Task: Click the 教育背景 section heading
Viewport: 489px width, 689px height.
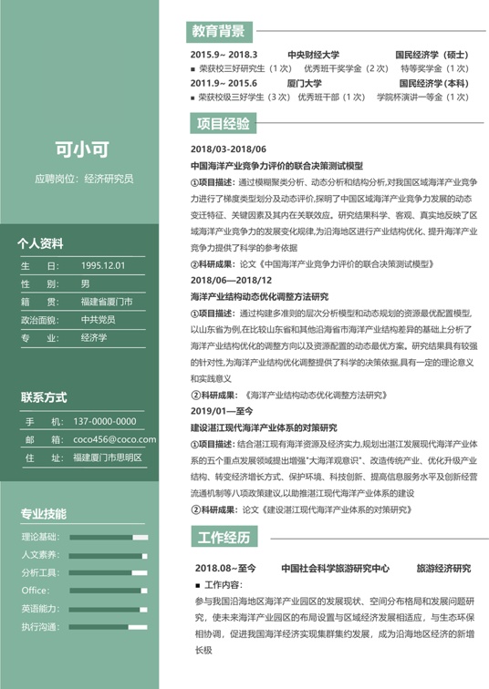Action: click(218, 32)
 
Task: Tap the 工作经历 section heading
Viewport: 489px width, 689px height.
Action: click(224, 538)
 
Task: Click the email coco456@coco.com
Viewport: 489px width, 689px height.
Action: click(114, 439)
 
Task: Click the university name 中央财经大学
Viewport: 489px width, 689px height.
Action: click(313, 55)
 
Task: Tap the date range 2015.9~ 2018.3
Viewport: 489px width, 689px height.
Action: click(224, 55)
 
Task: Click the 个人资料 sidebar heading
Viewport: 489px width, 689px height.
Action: click(41, 243)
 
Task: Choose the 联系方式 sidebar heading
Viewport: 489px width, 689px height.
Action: click(44, 397)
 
